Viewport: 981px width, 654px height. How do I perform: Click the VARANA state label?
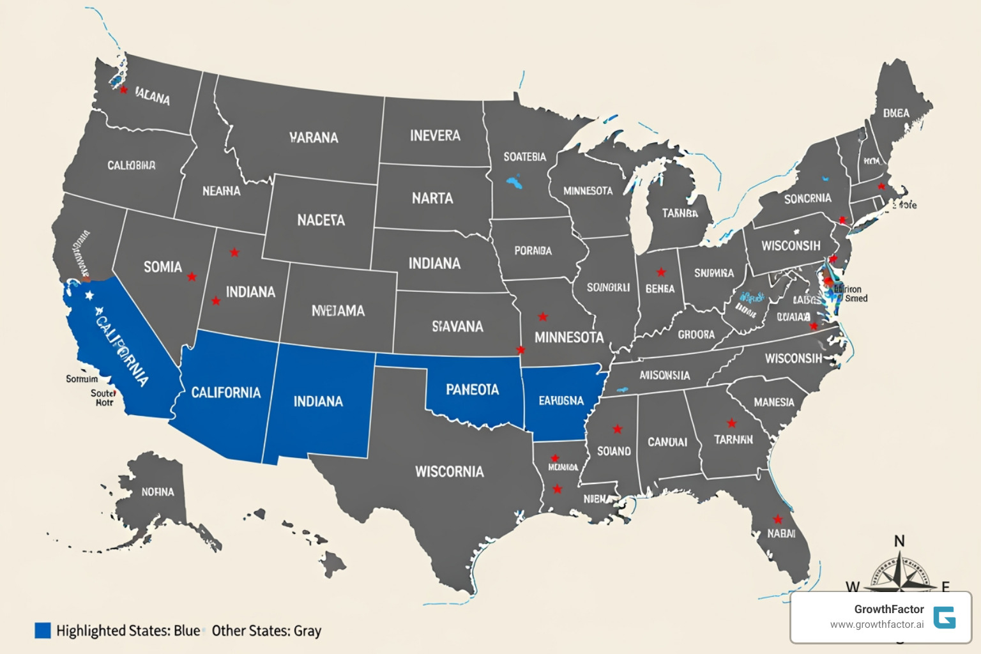[x=314, y=137]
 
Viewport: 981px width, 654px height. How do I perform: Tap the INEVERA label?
[x=435, y=135]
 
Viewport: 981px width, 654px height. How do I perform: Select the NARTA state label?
[x=432, y=199]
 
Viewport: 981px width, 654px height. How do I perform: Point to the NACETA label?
[x=321, y=220]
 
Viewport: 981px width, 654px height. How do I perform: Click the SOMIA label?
[x=163, y=267]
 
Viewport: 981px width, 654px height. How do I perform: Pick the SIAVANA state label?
[x=457, y=326]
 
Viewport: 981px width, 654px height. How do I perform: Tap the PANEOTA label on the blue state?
[x=472, y=390]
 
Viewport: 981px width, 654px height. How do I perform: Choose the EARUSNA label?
[x=561, y=400]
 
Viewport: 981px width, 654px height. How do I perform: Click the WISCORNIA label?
[x=450, y=472]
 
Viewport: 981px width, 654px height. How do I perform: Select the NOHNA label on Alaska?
[x=158, y=492]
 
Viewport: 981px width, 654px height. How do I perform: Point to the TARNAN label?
[x=733, y=439]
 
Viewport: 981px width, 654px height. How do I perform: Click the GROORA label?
[x=696, y=335]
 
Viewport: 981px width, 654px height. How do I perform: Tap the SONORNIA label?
[x=807, y=199]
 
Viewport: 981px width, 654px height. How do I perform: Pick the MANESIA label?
[x=773, y=402]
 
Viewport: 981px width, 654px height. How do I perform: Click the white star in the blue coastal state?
[x=89, y=295]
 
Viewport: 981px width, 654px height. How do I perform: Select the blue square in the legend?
[x=42, y=630]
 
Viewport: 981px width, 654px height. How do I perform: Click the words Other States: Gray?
[x=266, y=631]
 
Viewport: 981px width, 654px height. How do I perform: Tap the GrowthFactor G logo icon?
[x=944, y=618]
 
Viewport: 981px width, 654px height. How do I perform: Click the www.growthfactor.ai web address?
[x=876, y=625]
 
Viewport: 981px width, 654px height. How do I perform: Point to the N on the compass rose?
[x=899, y=541]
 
